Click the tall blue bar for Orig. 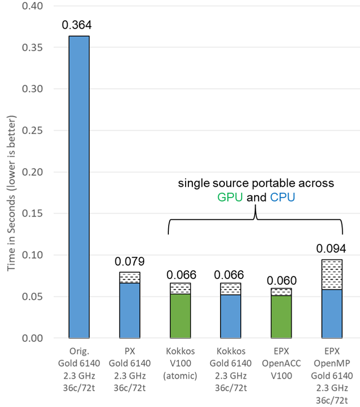pos(79,187)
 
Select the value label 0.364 pos(79,25)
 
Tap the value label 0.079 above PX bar pos(129,261)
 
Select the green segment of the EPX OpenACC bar pos(281,317)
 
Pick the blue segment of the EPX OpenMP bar pos(331,313)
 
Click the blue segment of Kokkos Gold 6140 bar pos(230,316)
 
